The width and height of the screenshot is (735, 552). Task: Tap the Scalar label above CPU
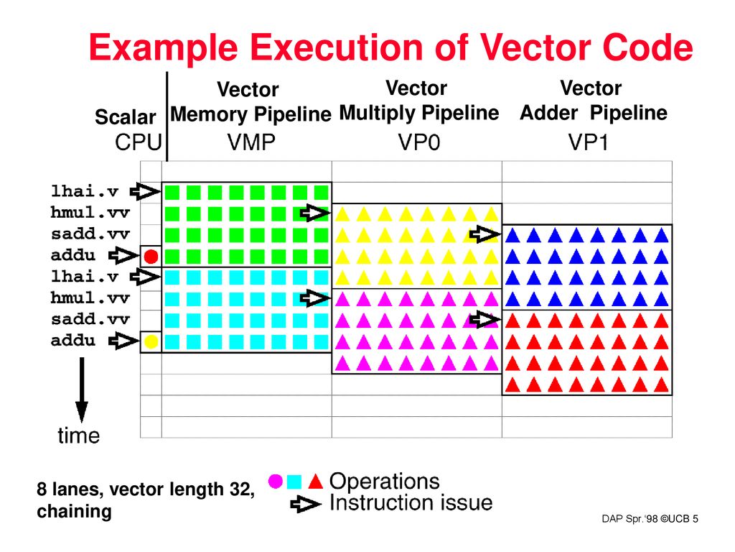(x=126, y=117)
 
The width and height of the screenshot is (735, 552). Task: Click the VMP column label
(x=251, y=143)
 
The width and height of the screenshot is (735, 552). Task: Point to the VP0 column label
(x=418, y=143)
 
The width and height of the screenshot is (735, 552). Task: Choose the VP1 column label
(x=589, y=143)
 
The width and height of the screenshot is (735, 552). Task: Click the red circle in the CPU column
(x=151, y=256)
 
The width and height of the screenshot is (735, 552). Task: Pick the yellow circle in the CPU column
(x=151, y=341)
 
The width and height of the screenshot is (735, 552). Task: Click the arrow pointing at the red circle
(x=126, y=255)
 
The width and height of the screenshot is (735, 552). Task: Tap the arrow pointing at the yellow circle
(x=126, y=341)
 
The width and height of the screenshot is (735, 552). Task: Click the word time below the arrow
(x=79, y=436)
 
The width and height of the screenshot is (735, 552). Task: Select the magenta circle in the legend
(x=275, y=481)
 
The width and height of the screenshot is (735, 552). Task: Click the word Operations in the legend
(x=384, y=481)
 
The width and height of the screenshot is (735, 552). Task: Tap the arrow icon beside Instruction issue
(x=306, y=504)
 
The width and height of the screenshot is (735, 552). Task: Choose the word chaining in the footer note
(x=74, y=511)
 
